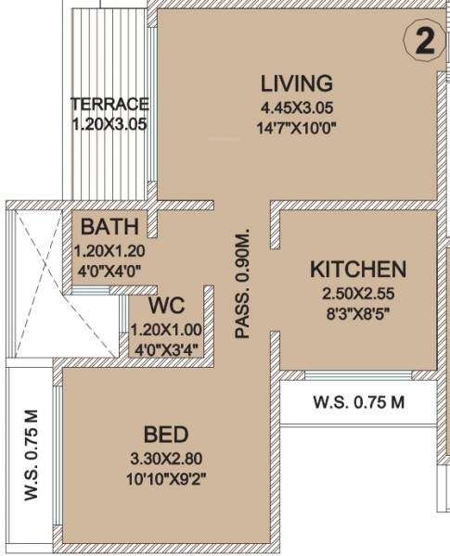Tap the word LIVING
pos(296,82)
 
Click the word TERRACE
pos(110,104)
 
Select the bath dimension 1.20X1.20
pos(110,250)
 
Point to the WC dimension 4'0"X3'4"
pos(166,348)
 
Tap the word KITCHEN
pos(357,270)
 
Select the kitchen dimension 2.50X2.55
pos(357,294)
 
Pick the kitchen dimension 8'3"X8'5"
pos(357,314)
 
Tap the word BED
pos(167,435)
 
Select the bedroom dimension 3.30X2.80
pos(167,460)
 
